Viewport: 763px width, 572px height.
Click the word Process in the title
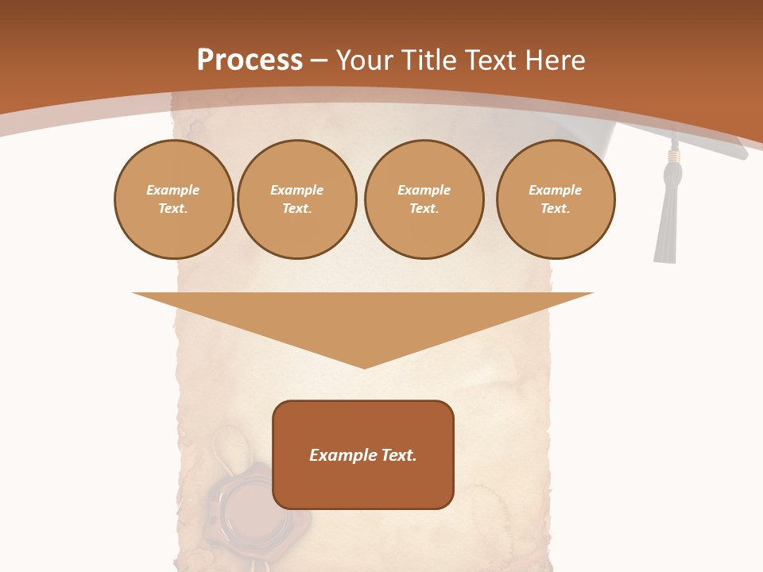pyautogui.click(x=250, y=60)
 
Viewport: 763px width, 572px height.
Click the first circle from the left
pyautogui.click(x=173, y=199)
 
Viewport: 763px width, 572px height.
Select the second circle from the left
pyautogui.click(x=297, y=199)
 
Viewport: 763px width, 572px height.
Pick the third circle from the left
pyautogui.click(x=424, y=199)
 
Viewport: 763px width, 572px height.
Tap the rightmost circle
pyautogui.click(x=556, y=199)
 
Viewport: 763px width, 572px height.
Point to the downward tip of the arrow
pyautogui.click(x=364, y=365)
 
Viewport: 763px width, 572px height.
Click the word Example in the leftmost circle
pyautogui.click(x=173, y=190)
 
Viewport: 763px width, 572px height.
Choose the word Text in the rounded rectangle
pyautogui.click(x=398, y=455)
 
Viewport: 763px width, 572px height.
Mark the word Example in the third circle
pyautogui.click(x=424, y=190)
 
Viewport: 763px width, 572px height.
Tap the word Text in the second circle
pyautogui.click(x=296, y=209)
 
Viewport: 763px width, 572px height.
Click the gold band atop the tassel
pyautogui.click(x=674, y=156)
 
